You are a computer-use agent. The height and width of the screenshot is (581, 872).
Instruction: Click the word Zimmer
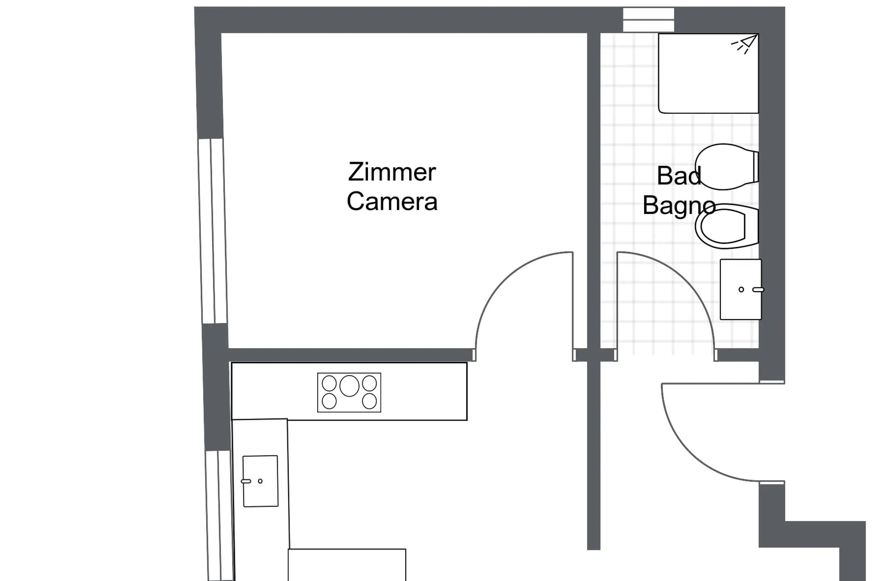(x=392, y=172)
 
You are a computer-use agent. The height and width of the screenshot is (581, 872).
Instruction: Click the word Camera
(x=392, y=201)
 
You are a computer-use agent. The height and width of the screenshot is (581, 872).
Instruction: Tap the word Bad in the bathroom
(x=679, y=175)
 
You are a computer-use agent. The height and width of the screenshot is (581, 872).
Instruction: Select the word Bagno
(x=679, y=206)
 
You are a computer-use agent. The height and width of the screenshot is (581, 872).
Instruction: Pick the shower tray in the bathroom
(x=708, y=73)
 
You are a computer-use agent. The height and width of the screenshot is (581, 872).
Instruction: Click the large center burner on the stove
(x=350, y=386)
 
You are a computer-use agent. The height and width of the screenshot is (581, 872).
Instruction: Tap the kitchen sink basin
(x=261, y=481)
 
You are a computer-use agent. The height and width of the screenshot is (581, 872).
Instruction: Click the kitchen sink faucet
(x=246, y=481)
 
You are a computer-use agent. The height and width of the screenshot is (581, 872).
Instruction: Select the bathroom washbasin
(x=741, y=289)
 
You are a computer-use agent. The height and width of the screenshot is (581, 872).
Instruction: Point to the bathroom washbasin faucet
(x=758, y=290)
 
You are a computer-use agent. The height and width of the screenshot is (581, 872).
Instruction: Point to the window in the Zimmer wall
(x=212, y=231)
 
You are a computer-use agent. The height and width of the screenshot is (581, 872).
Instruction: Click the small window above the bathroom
(x=648, y=20)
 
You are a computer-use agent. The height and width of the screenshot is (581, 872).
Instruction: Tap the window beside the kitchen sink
(x=220, y=515)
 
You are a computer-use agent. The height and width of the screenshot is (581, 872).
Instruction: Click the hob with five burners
(x=349, y=392)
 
